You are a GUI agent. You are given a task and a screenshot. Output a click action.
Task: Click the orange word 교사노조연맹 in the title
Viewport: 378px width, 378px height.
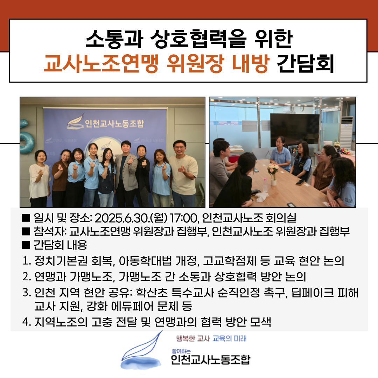[101, 64]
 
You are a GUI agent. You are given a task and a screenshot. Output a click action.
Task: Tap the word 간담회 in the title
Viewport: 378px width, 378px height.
[306, 64]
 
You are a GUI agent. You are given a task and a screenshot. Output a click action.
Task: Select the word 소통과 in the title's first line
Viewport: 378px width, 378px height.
[114, 38]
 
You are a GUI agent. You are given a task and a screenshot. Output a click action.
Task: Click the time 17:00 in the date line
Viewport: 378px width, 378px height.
[183, 218]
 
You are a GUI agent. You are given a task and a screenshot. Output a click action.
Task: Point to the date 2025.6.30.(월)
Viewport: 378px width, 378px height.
[131, 218]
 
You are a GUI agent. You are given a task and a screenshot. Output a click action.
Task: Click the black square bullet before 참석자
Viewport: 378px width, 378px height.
[26, 231]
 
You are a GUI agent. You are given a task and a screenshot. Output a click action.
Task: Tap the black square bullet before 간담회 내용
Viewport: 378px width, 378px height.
[26, 245]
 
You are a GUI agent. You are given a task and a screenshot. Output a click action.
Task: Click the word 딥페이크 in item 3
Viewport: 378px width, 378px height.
[313, 293]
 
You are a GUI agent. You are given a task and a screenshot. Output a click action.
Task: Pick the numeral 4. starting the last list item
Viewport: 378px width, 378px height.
[27, 322]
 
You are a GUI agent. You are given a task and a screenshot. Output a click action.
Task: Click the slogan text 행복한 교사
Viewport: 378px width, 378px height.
[193, 338]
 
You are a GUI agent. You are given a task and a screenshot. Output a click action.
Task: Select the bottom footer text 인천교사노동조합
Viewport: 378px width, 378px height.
[211, 359]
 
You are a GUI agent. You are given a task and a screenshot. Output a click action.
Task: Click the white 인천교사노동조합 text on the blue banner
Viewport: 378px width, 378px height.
[114, 123]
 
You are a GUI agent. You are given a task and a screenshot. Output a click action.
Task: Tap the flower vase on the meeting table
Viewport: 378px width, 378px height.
[273, 175]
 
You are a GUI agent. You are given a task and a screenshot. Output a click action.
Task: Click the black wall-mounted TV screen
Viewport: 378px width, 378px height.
[295, 130]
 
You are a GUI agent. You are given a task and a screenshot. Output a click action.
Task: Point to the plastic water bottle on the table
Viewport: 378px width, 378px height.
[265, 185]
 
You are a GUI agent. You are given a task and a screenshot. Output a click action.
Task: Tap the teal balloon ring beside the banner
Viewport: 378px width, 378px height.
[27, 142]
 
